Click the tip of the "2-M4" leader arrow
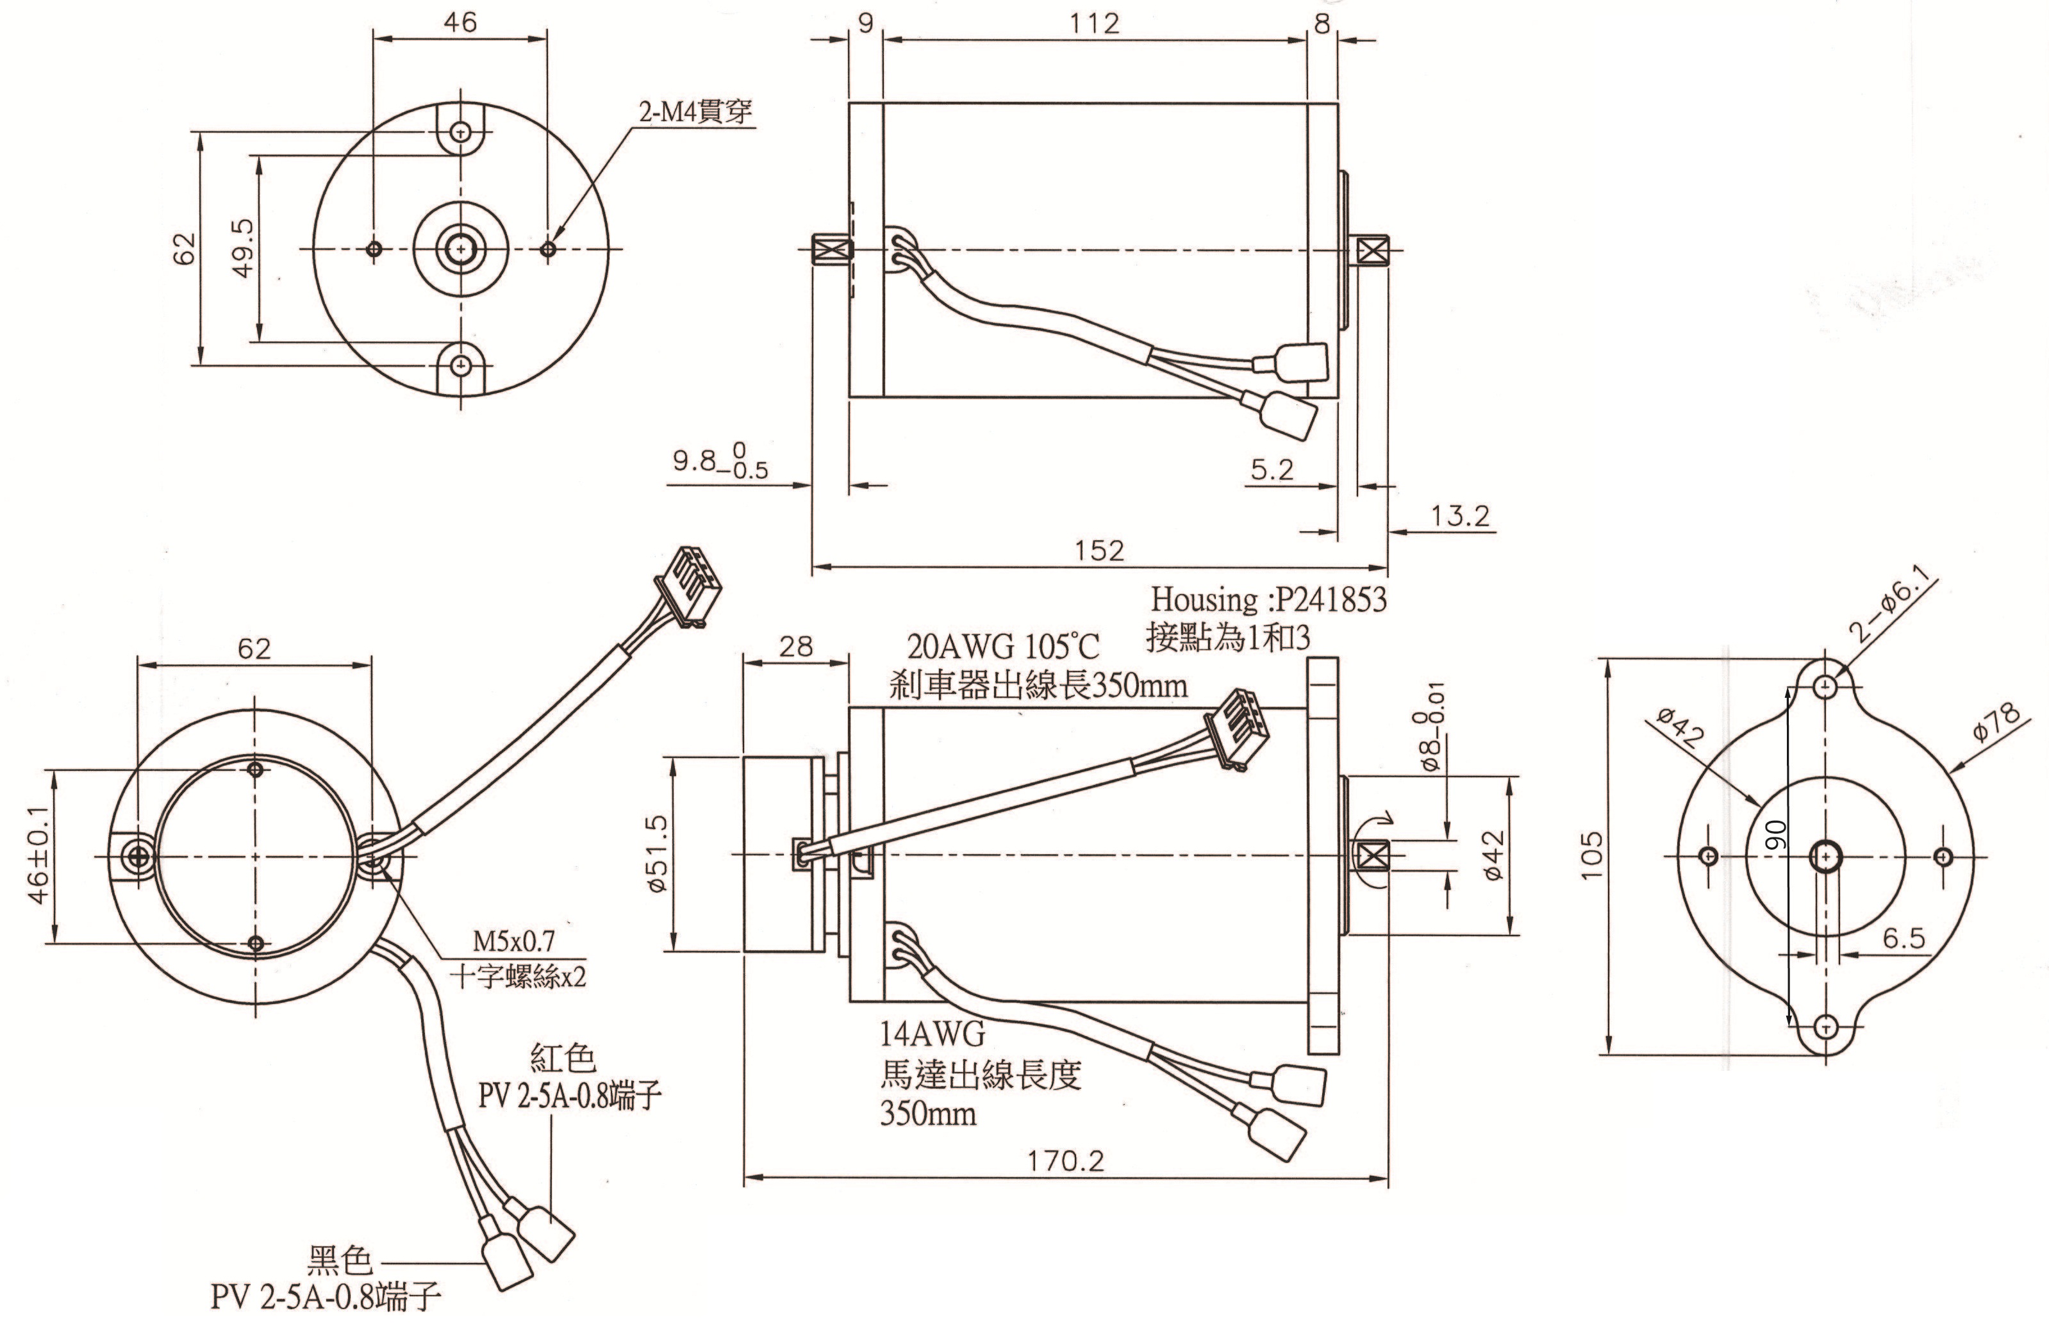click(x=554, y=242)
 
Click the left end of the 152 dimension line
click(x=813, y=567)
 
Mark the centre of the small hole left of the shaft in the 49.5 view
click(x=374, y=249)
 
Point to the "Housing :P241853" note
click(x=1268, y=599)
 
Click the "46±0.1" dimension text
click(x=38, y=855)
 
